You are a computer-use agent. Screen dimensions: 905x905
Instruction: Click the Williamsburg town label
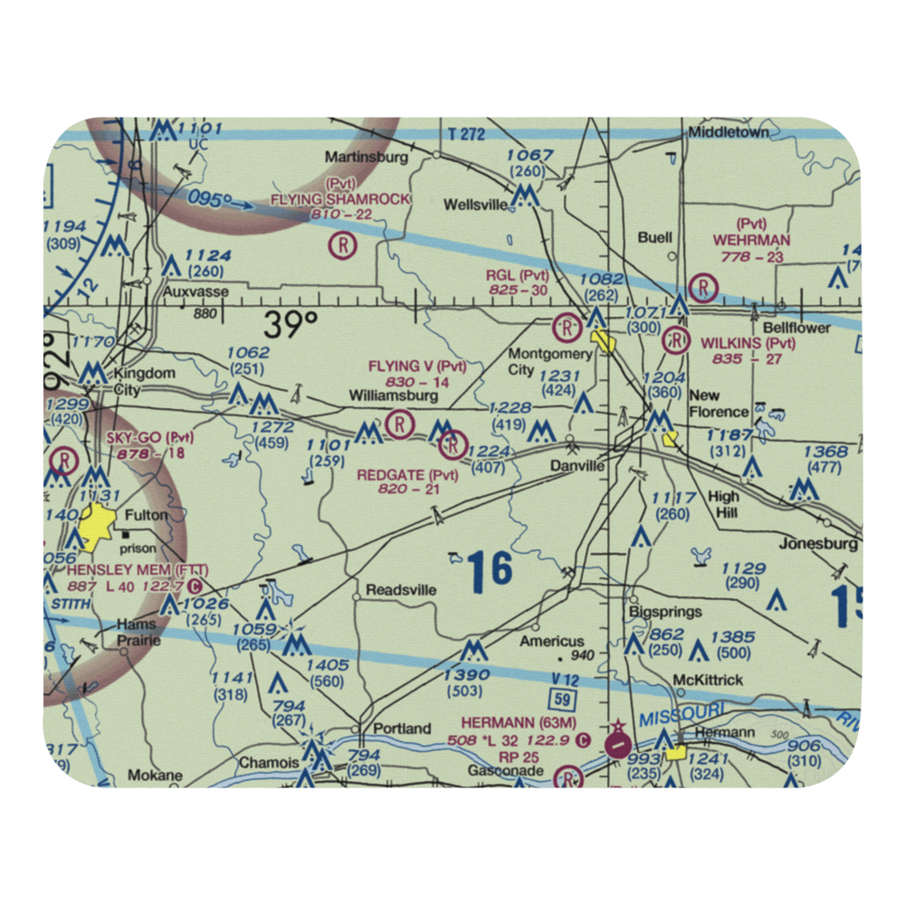(394, 395)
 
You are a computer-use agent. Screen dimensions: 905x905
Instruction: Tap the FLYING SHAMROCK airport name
(341, 198)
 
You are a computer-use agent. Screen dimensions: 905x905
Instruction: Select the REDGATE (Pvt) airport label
(407, 475)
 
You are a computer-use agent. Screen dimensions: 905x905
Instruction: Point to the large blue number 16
(491, 569)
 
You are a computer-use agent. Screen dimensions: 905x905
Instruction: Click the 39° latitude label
(291, 324)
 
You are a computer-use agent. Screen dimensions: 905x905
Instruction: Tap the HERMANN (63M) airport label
(519, 722)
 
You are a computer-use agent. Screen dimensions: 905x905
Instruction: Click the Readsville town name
(401, 590)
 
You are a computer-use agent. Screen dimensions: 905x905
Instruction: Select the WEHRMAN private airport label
(751, 240)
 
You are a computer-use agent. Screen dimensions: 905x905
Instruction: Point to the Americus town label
(552, 641)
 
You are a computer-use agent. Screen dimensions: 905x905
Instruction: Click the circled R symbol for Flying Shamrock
(343, 244)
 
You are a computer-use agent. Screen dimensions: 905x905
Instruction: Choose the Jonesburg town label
(818, 544)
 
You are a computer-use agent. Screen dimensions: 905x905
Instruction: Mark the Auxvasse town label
(196, 292)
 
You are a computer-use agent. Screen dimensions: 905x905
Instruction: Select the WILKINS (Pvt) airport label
(748, 343)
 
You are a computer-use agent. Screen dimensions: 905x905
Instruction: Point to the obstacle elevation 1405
(327, 665)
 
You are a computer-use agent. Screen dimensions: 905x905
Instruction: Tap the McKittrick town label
(707, 680)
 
